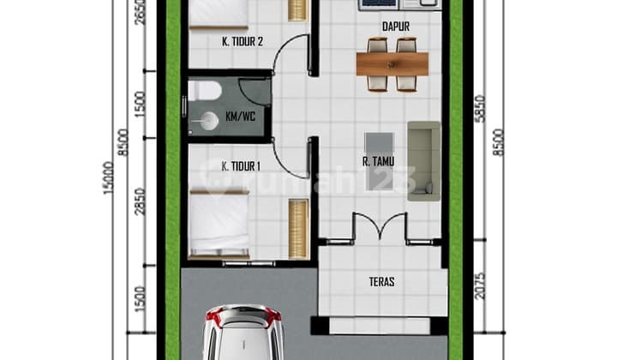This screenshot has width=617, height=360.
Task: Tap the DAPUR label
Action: point(395,27)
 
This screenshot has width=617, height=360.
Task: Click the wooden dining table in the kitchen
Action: point(392,63)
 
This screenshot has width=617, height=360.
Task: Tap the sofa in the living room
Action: point(423,159)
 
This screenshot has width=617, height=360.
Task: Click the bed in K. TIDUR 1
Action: point(219,225)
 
